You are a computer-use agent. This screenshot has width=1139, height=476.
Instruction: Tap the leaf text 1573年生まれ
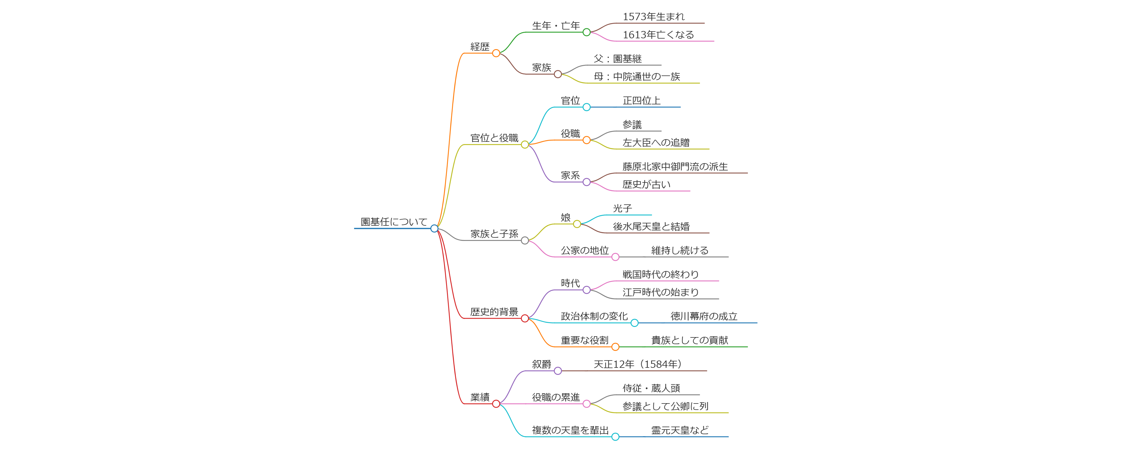[653, 17]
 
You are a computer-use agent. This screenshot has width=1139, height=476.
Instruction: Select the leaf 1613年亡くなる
[658, 35]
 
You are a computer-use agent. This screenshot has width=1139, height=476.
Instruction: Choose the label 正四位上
[641, 101]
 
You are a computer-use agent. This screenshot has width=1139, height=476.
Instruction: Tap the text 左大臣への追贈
[656, 142]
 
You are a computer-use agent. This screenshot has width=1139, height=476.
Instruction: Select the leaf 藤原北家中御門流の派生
[675, 167]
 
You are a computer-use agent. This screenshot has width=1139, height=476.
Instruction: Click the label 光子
[622, 208]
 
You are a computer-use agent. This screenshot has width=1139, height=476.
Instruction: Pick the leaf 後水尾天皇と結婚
[651, 227]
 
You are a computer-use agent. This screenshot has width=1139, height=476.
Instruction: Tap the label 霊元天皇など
[680, 430]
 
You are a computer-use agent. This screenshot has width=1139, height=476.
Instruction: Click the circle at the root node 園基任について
[434, 228]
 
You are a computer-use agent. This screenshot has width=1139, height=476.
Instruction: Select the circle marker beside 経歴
[496, 53]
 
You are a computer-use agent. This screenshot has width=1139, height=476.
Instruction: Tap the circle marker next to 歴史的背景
[525, 318]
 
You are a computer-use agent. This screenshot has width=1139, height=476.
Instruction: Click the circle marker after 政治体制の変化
[634, 323]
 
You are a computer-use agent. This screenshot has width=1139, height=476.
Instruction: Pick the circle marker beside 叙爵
[558, 371]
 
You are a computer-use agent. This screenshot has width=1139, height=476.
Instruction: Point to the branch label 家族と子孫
[494, 234]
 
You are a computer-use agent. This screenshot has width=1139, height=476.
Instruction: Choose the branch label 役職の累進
[555, 397]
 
